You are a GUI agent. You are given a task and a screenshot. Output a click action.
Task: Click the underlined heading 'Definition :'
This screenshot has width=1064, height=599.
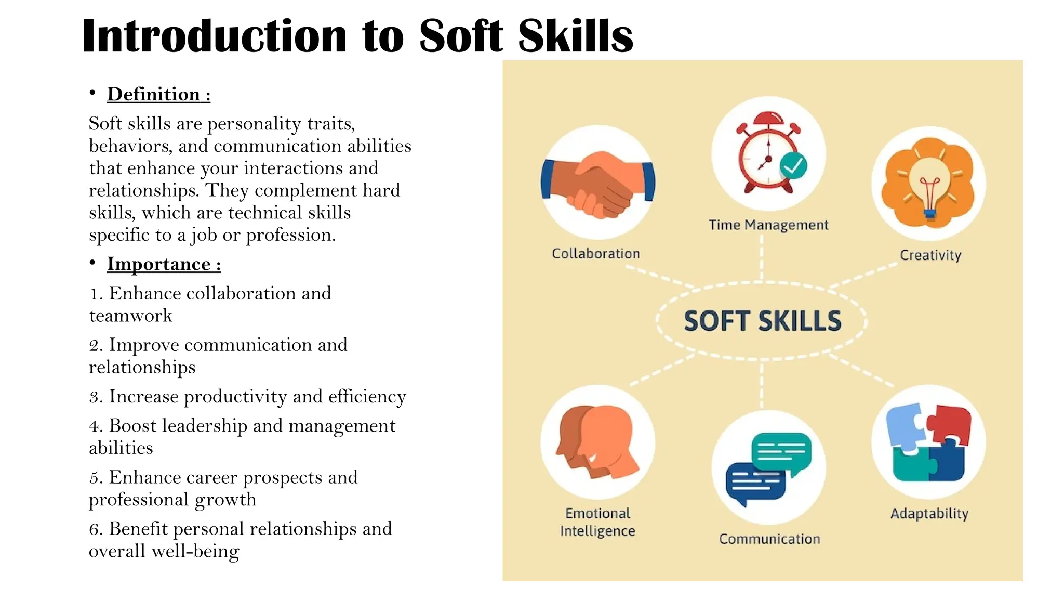[x=158, y=95]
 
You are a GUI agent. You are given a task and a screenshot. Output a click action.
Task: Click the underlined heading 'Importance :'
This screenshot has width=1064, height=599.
[x=164, y=264]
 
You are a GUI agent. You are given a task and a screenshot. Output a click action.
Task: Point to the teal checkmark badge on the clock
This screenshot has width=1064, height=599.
[x=793, y=166]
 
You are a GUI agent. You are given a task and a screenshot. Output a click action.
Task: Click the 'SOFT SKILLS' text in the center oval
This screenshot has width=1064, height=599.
[x=762, y=321]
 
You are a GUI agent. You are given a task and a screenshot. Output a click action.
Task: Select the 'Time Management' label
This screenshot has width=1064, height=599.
[x=768, y=225]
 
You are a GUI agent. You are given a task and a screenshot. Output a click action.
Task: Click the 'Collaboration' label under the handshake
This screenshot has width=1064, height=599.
[x=596, y=254]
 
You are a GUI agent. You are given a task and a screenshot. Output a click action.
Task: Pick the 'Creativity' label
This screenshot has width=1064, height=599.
[x=930, y=255]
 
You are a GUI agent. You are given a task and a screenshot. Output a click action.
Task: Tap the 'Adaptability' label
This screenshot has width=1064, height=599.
[x=929, y=514]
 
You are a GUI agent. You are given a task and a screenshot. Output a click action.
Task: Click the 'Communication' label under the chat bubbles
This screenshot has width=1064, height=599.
[x=769, y=539]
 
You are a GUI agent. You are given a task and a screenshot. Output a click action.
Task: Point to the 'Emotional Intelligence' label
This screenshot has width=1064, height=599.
[x=597, y=522]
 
